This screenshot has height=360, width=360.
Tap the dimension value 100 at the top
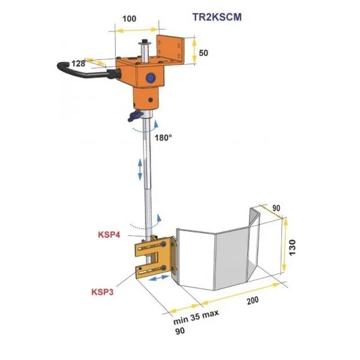(x=129, y=19)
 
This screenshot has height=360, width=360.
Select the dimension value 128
(x=77, y=62)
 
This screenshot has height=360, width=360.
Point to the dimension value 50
(x=203, y=53)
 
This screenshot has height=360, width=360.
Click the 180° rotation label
(x=163, y=137)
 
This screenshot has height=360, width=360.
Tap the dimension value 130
(x=293, y=245)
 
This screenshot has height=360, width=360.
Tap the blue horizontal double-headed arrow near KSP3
(x=159, y=280)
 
